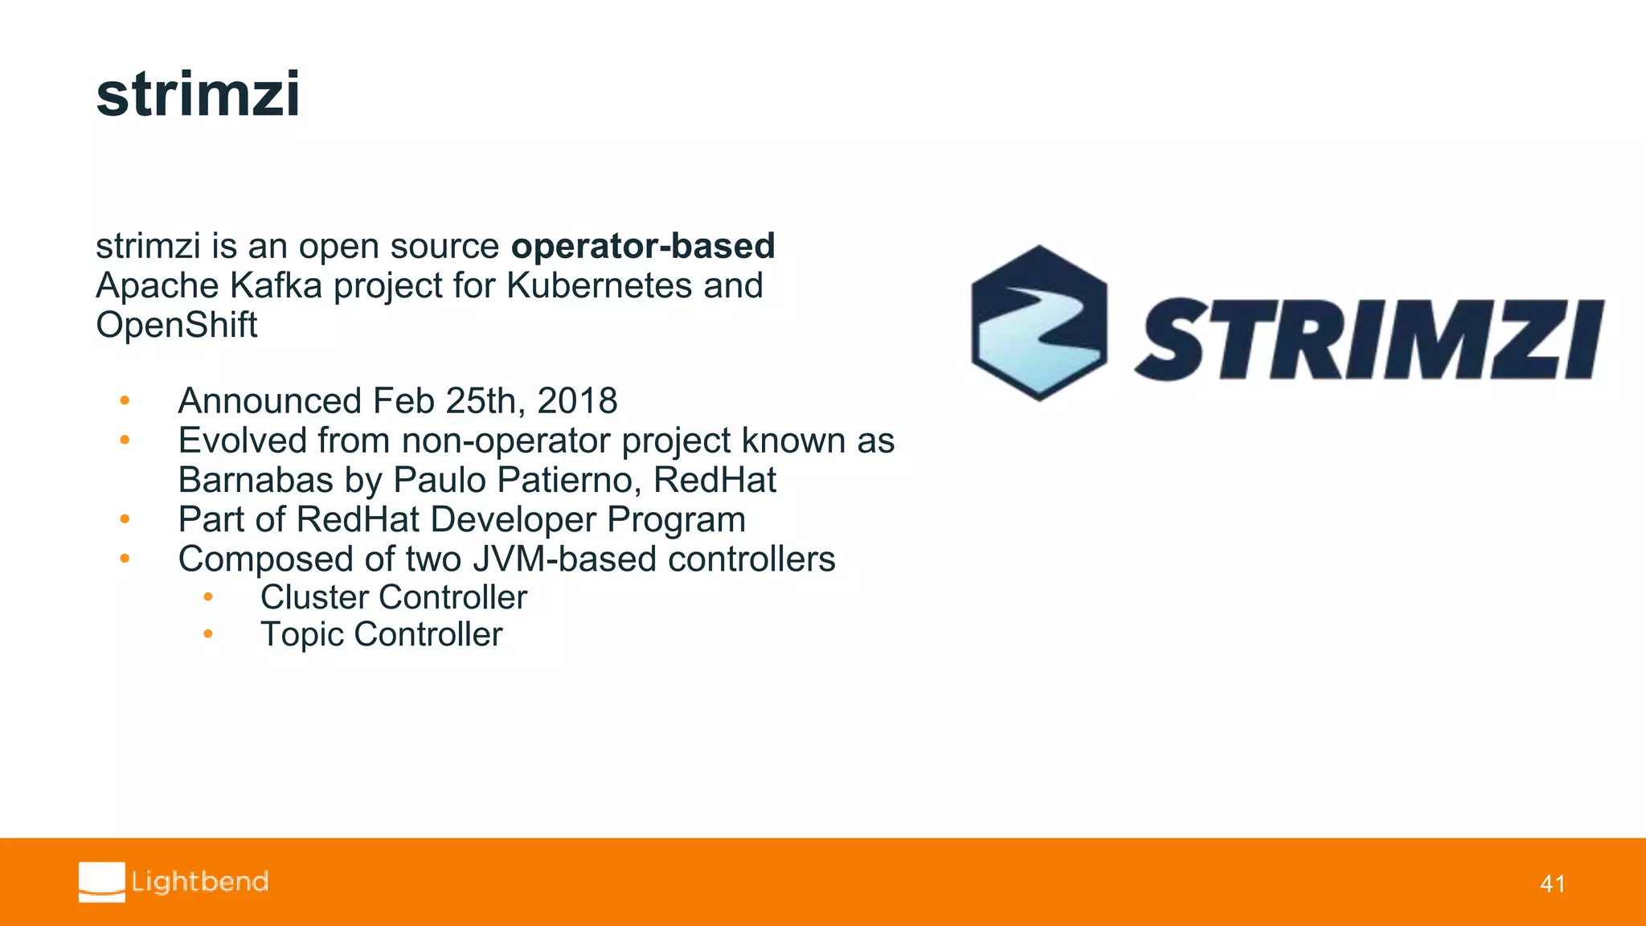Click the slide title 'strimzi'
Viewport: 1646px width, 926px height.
198,95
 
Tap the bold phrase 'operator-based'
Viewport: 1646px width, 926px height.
643,246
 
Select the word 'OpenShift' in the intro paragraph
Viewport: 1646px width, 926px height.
176,326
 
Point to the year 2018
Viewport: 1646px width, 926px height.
577,401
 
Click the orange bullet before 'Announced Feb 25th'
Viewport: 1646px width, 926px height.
125,400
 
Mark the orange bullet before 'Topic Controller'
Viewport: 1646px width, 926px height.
207,634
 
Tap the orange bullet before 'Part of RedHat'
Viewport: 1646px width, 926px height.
125,519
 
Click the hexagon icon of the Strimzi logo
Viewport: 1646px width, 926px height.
1038,323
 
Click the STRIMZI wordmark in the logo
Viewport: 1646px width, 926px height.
1370,339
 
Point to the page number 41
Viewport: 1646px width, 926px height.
1552,884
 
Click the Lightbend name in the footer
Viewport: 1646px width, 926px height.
200,882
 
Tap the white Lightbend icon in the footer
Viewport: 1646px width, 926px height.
102,882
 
